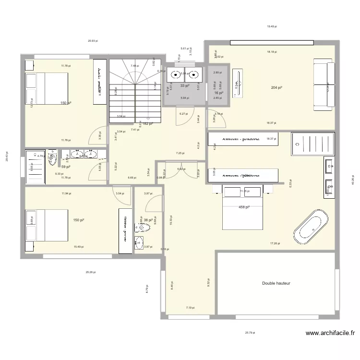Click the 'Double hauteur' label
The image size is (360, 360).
[x=276, y=283]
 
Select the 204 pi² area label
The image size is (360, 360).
[x=276, y=88]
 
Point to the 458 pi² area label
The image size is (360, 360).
[x=245, y=207]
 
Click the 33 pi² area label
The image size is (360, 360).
[x=184, y=86]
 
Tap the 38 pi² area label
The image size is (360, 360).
[x=147, y=220]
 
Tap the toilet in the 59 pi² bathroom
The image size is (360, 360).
[x=53, y=157]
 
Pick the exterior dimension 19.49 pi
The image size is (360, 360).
[x=272, y=27]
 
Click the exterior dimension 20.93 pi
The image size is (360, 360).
[x=93, y=41]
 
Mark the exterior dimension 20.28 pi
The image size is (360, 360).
[x=90, y=272]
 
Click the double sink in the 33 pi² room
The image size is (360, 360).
[x=184, y=74]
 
